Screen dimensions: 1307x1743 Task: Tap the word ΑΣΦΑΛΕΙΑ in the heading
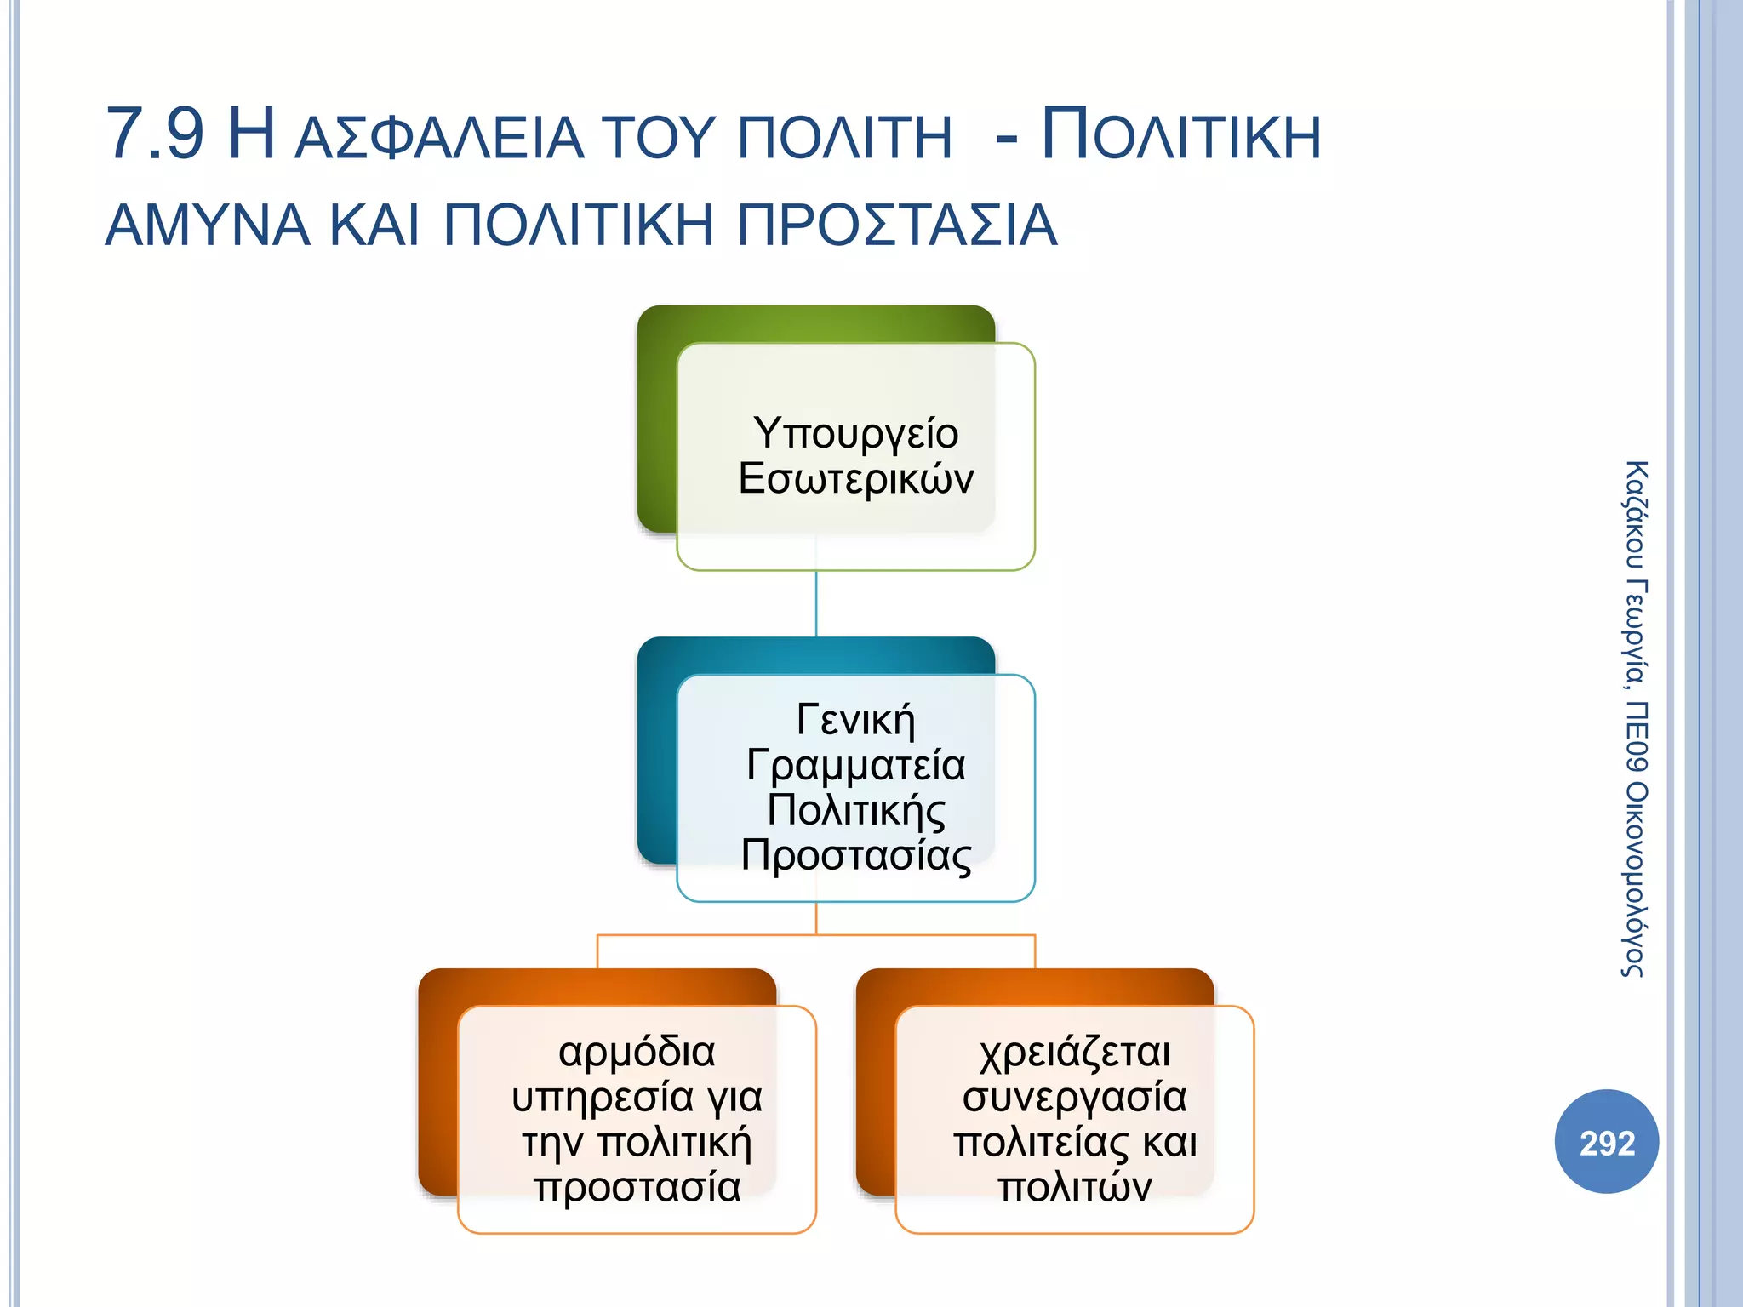(x=439, y=139)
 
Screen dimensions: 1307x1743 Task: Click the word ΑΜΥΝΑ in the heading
(x=208, y=226)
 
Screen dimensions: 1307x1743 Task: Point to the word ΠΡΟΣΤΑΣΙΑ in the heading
(x=896, y=226)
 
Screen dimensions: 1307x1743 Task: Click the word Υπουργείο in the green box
(x=855, y=434)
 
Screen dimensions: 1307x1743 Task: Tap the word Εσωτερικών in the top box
(x=855, y=479)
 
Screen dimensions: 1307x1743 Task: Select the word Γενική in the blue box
(x=855, y=721)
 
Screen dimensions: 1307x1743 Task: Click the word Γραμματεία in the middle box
(x=855, y=766)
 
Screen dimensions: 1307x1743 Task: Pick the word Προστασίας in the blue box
(x=855, y=856)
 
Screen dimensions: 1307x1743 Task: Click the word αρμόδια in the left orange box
(x=637, y=1053)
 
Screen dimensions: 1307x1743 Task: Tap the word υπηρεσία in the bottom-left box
(x=602, y=1098)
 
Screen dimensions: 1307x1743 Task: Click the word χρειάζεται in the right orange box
(x=1075, y=1053)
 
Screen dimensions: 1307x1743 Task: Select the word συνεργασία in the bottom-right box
(x=1075, y=1098)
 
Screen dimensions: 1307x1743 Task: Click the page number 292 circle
(x=1607, y=1142)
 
